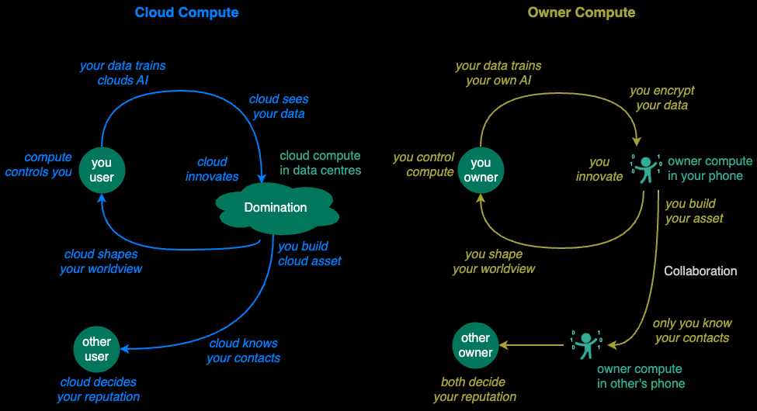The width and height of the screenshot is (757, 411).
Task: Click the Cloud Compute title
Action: click(x=186, y=12)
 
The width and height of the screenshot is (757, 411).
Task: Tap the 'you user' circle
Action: click(x=102, y=170)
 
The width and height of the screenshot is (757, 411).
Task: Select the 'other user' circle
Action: click(x=96, y=349)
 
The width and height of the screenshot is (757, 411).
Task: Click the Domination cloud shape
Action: click(x=276, y=207)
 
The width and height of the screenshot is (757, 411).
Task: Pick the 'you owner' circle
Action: click(x=481, y=170)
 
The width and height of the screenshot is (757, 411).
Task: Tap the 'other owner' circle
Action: click(x=475, y=345)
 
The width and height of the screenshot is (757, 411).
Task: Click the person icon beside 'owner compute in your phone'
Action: click(x=646, y=169)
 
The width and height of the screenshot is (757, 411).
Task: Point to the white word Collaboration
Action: click(x=700, y=271)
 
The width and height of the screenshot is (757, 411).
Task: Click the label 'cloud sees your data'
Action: click(x=279, y=106)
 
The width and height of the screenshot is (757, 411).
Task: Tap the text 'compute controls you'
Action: click(x=39, y=164)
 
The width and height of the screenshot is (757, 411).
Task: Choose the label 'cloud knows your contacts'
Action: click(x=243, y=350)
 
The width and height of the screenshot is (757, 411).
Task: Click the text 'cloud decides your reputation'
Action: click(x=99, y=389)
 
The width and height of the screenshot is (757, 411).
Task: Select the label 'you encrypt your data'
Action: click(x=662, y=98)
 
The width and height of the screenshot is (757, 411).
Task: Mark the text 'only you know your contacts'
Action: click(x=692, y=330)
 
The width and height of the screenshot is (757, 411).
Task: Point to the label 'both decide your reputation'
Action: click(x=474, y=389)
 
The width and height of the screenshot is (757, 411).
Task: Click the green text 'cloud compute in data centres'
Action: click(x=321, y=162)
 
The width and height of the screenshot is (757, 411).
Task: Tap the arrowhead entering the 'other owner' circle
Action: click(x=504, y=344)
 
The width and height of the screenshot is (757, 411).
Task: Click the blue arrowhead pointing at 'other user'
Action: click(x=123, y=349)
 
